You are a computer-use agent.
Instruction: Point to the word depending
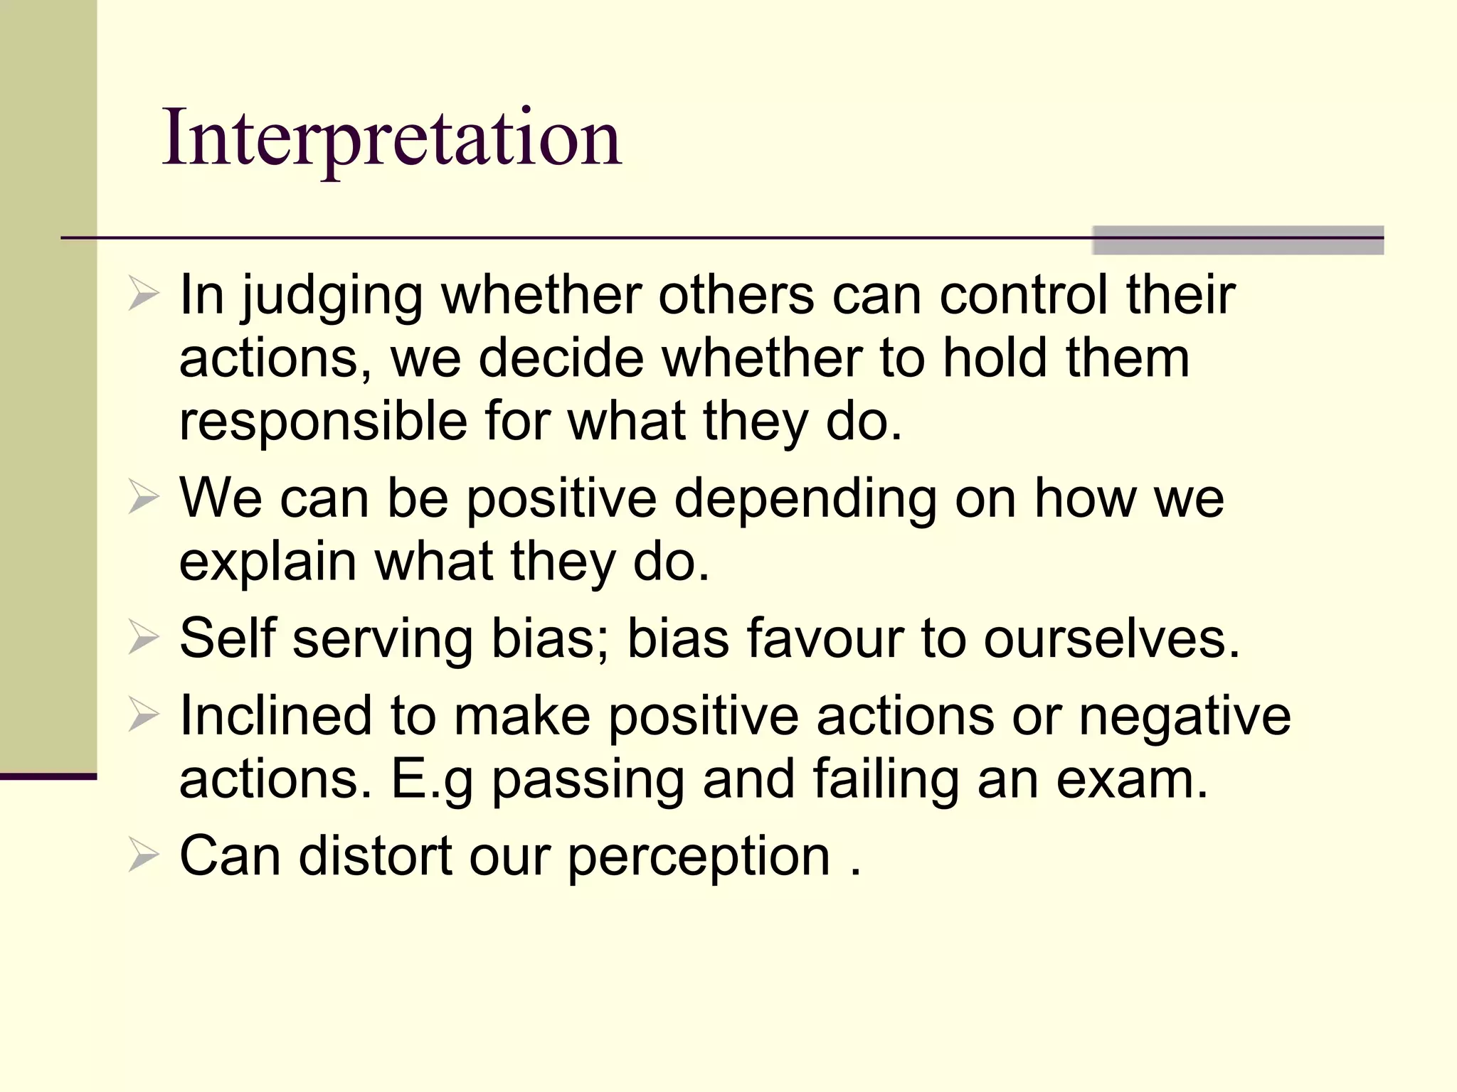805,499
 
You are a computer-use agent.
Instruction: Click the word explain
267,562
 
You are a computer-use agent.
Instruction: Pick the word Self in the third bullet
227,638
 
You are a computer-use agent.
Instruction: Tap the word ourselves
1112,638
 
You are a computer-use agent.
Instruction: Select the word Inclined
276,715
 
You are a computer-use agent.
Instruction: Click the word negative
1185,715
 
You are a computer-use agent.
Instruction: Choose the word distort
375,855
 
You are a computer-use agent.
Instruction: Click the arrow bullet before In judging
143,295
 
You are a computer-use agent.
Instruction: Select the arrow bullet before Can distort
143,856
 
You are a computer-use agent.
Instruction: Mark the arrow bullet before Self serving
143,638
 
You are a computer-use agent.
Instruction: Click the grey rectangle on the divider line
1237,240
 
